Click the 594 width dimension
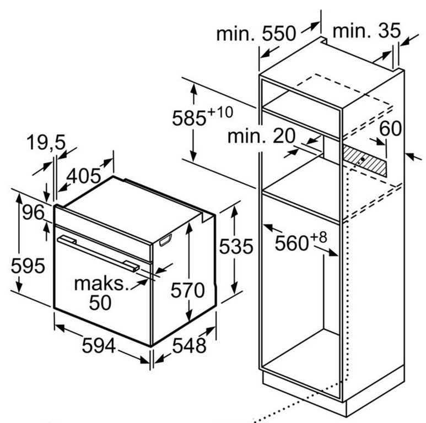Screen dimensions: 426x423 [99, 346]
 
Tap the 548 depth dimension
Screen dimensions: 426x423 [189, 346]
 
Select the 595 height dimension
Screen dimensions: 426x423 [28, 265]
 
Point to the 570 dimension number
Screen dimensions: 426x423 [187, 290]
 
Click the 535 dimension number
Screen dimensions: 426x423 [236, 246]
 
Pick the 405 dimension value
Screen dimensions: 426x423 [84, 176]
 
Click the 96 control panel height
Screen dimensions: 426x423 [33, 212]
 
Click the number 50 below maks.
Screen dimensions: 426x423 [100, 302]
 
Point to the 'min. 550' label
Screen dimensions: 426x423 [256, 34]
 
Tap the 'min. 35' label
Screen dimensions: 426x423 [366, 30]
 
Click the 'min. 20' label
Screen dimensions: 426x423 [261, 135]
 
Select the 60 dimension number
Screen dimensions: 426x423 [390, 128]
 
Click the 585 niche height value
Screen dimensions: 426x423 [189, 118]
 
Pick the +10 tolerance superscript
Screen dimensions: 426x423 [220, 112]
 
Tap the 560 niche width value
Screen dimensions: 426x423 [292, 243]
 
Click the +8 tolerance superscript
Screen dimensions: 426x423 [318, 237]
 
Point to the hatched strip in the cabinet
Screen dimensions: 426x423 [365, 161]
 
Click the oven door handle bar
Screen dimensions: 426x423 [98, 253]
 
